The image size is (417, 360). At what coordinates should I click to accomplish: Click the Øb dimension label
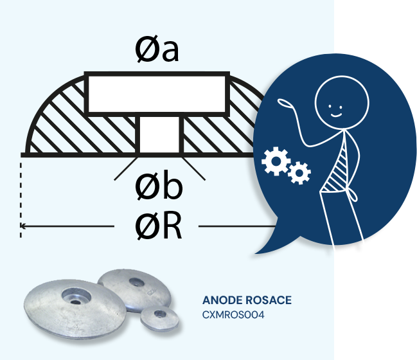pos(159,186)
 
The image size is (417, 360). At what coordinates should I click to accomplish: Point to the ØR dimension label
pos(158,226)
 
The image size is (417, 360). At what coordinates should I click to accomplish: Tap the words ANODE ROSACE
pos(247,300)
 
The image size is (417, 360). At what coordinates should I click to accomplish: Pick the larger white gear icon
pos(275,161)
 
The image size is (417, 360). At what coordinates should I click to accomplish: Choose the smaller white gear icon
pos(299,172)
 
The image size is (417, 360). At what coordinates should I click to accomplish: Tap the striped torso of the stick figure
pos(337,168)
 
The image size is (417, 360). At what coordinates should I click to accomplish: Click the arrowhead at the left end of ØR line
pos(23,226)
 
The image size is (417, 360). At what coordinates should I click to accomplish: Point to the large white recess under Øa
pos(157,94)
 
